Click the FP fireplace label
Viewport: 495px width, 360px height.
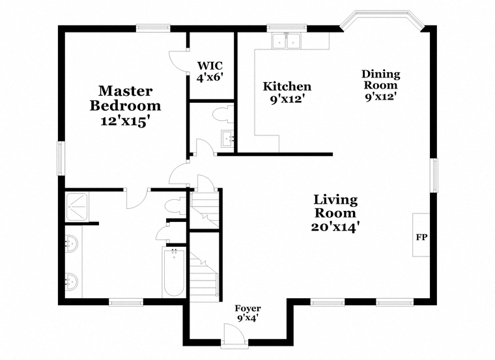(x=421, y=237)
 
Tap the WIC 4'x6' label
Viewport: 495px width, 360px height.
(x=210, y=72)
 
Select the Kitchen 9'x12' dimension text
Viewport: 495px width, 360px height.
(x=287, y=99)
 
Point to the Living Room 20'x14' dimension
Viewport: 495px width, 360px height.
(x=335, y=227)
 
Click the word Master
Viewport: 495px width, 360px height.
(x=125, y=91)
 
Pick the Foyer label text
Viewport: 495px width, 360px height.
(x=247, y=308)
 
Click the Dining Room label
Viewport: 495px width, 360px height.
(x=381, y=79)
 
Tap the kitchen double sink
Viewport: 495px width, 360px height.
(x=287, y=41)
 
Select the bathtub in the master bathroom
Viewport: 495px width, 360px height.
(x=174, y=272)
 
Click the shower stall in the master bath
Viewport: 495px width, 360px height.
(x=77, y=207)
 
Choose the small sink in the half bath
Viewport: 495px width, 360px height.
(x=227, y=139)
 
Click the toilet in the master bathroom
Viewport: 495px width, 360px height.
(x=175, y=206)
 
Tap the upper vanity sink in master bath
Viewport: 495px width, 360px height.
(x=71, y=243)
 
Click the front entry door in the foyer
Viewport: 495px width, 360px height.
(x=234, y=335)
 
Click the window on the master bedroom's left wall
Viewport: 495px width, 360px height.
(x=61, y=158)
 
